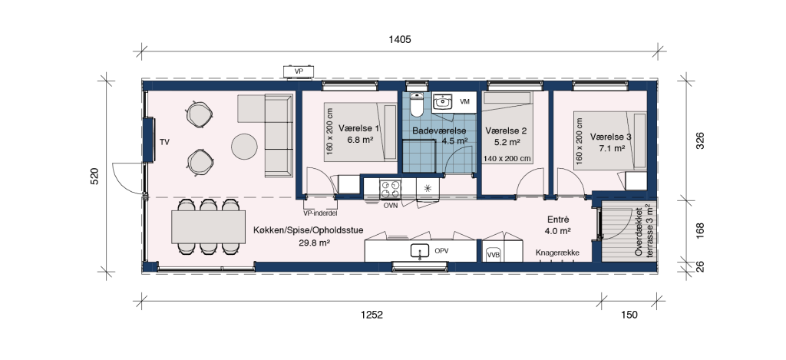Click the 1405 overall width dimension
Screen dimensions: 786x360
tap(399, 39)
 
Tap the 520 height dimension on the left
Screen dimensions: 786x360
tap(94, 176)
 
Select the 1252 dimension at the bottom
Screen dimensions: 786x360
tap(372, 315)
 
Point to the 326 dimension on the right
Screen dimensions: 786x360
tap(700, 141)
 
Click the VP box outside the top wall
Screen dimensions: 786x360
tap(299, 71)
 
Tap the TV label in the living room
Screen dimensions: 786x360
tap(164, 143)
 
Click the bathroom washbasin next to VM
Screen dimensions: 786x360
tap(442, 102)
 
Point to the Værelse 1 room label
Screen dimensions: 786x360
tap(359, 128)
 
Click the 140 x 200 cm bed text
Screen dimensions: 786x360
tap(507, 158)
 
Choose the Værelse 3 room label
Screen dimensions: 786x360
tap(610, 137)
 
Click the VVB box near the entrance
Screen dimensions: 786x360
tap(494, 255)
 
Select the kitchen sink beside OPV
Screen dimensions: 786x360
tap(419, 251)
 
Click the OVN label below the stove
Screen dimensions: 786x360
tap(391, 206)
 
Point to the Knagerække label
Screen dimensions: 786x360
tap(557, 253)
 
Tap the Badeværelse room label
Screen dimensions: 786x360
tap(439, 130)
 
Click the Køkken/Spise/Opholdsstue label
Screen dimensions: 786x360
tap(309, 230)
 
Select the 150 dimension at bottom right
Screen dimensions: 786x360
tap(629, 315)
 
